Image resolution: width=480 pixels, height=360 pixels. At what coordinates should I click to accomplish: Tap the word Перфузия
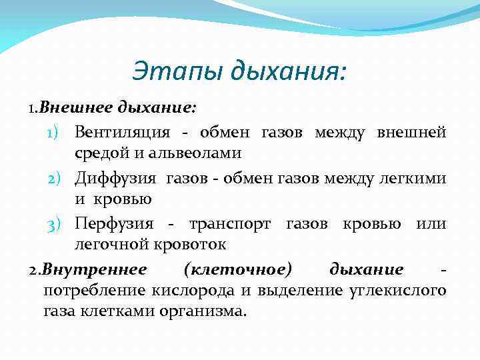114,223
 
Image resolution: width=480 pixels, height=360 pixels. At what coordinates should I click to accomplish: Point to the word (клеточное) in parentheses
237,269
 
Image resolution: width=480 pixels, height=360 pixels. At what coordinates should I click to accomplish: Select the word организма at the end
209,311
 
